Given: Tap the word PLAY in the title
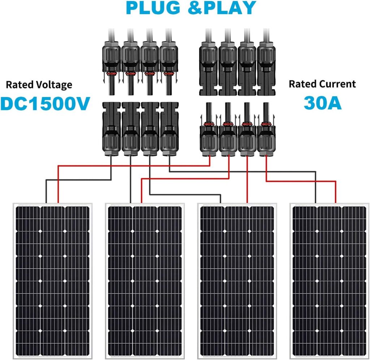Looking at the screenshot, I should pos(229,8).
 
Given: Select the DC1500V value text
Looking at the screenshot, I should pos(45,104).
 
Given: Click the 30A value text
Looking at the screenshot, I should pos(322,103).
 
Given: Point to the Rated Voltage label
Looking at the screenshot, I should pos(39,85).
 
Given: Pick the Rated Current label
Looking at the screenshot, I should pos(322,84).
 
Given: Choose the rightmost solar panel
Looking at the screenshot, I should pos(329,280).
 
